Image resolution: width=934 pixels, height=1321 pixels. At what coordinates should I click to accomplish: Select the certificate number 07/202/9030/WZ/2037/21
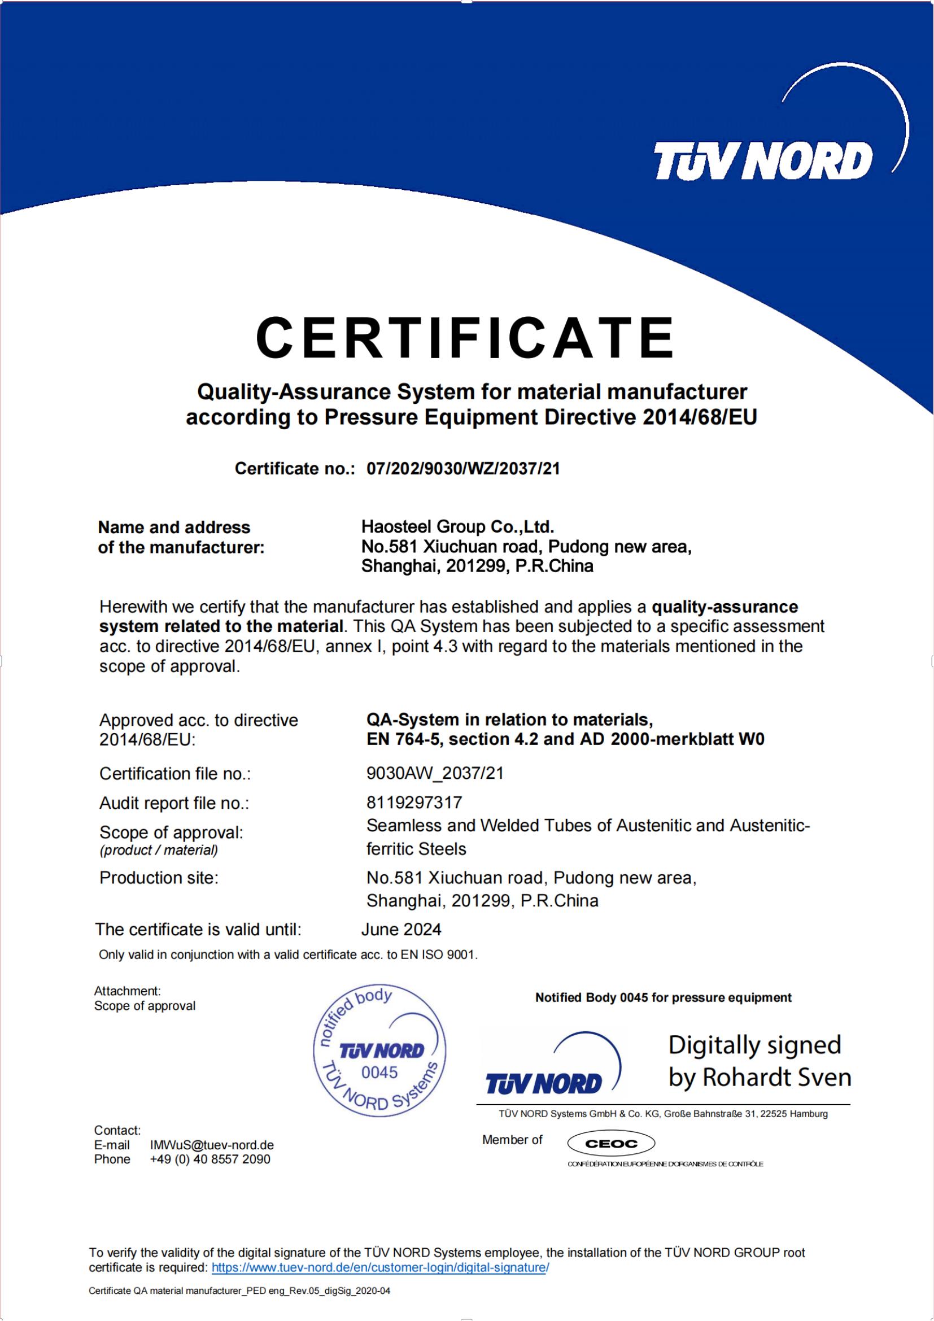tap(463, 469)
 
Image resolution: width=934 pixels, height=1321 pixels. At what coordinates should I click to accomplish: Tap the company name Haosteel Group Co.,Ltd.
tap(457, 526)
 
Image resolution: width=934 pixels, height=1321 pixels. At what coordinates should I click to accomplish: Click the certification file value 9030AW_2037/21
tap(435, 773)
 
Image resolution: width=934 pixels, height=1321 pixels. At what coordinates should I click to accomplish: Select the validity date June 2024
tap(401, 929)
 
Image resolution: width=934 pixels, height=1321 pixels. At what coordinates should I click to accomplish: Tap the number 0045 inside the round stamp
tap(379, 1072)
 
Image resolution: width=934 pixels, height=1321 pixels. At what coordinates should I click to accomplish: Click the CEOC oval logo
tap(611, 1144)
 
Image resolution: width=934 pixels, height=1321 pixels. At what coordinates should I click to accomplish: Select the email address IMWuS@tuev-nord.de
tap(212, 1145)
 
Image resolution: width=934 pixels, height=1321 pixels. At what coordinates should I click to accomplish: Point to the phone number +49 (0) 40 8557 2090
tap(210, 1159)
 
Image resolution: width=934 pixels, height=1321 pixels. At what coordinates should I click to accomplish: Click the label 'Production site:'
tap(159, 878)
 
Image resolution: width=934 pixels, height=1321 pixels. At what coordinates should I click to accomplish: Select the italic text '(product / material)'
tap(159, 850)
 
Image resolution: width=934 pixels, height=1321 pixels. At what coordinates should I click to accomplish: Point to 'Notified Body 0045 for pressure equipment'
tap(663, 997)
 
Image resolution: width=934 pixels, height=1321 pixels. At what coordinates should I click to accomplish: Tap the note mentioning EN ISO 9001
tap(288, 954)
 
